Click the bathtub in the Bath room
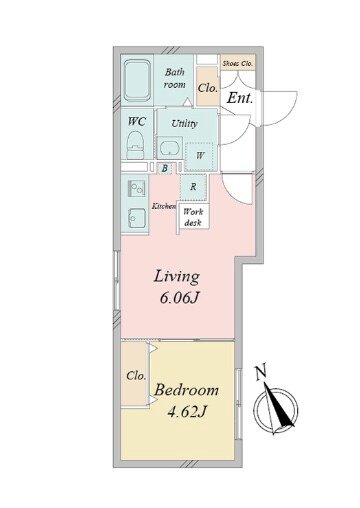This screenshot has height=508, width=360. click(x=138, y=80)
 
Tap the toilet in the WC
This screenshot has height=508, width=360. click(x=135, y=145)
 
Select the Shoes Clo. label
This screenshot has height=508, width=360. click(x=238, y=63)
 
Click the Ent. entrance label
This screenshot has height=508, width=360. click(x=240, y=98)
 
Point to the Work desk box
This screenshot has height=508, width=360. click(x=193, y=216)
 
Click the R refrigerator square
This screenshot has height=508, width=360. click(x=193, y=187)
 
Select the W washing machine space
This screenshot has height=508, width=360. click(x=199, y=156)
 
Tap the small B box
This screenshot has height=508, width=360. click(x=164, y=168)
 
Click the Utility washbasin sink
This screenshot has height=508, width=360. click(x=169, y=148)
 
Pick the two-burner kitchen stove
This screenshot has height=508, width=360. click(x=136, y=188)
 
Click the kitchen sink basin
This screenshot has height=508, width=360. click(x=136, y=218)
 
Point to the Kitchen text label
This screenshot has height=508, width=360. click(x=164, y=206)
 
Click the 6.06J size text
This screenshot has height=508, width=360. click(x=180, y=298)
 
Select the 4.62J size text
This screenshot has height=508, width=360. click(x=187, y=412)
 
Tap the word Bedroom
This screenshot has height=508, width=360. click(x=186, y=390)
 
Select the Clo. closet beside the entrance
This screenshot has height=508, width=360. click(x=208, y=86)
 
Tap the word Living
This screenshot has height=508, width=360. click(x=177, y=277)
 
